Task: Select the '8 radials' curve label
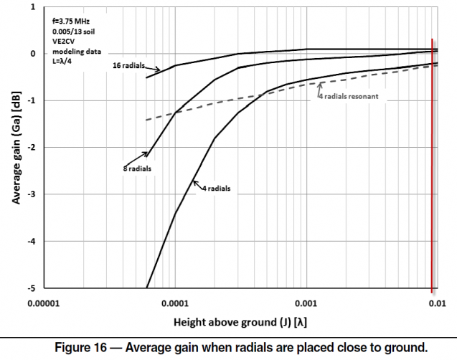[137, 169]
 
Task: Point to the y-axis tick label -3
[32, 194]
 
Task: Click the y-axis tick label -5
[32, 288]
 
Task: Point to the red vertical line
[431, 165]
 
